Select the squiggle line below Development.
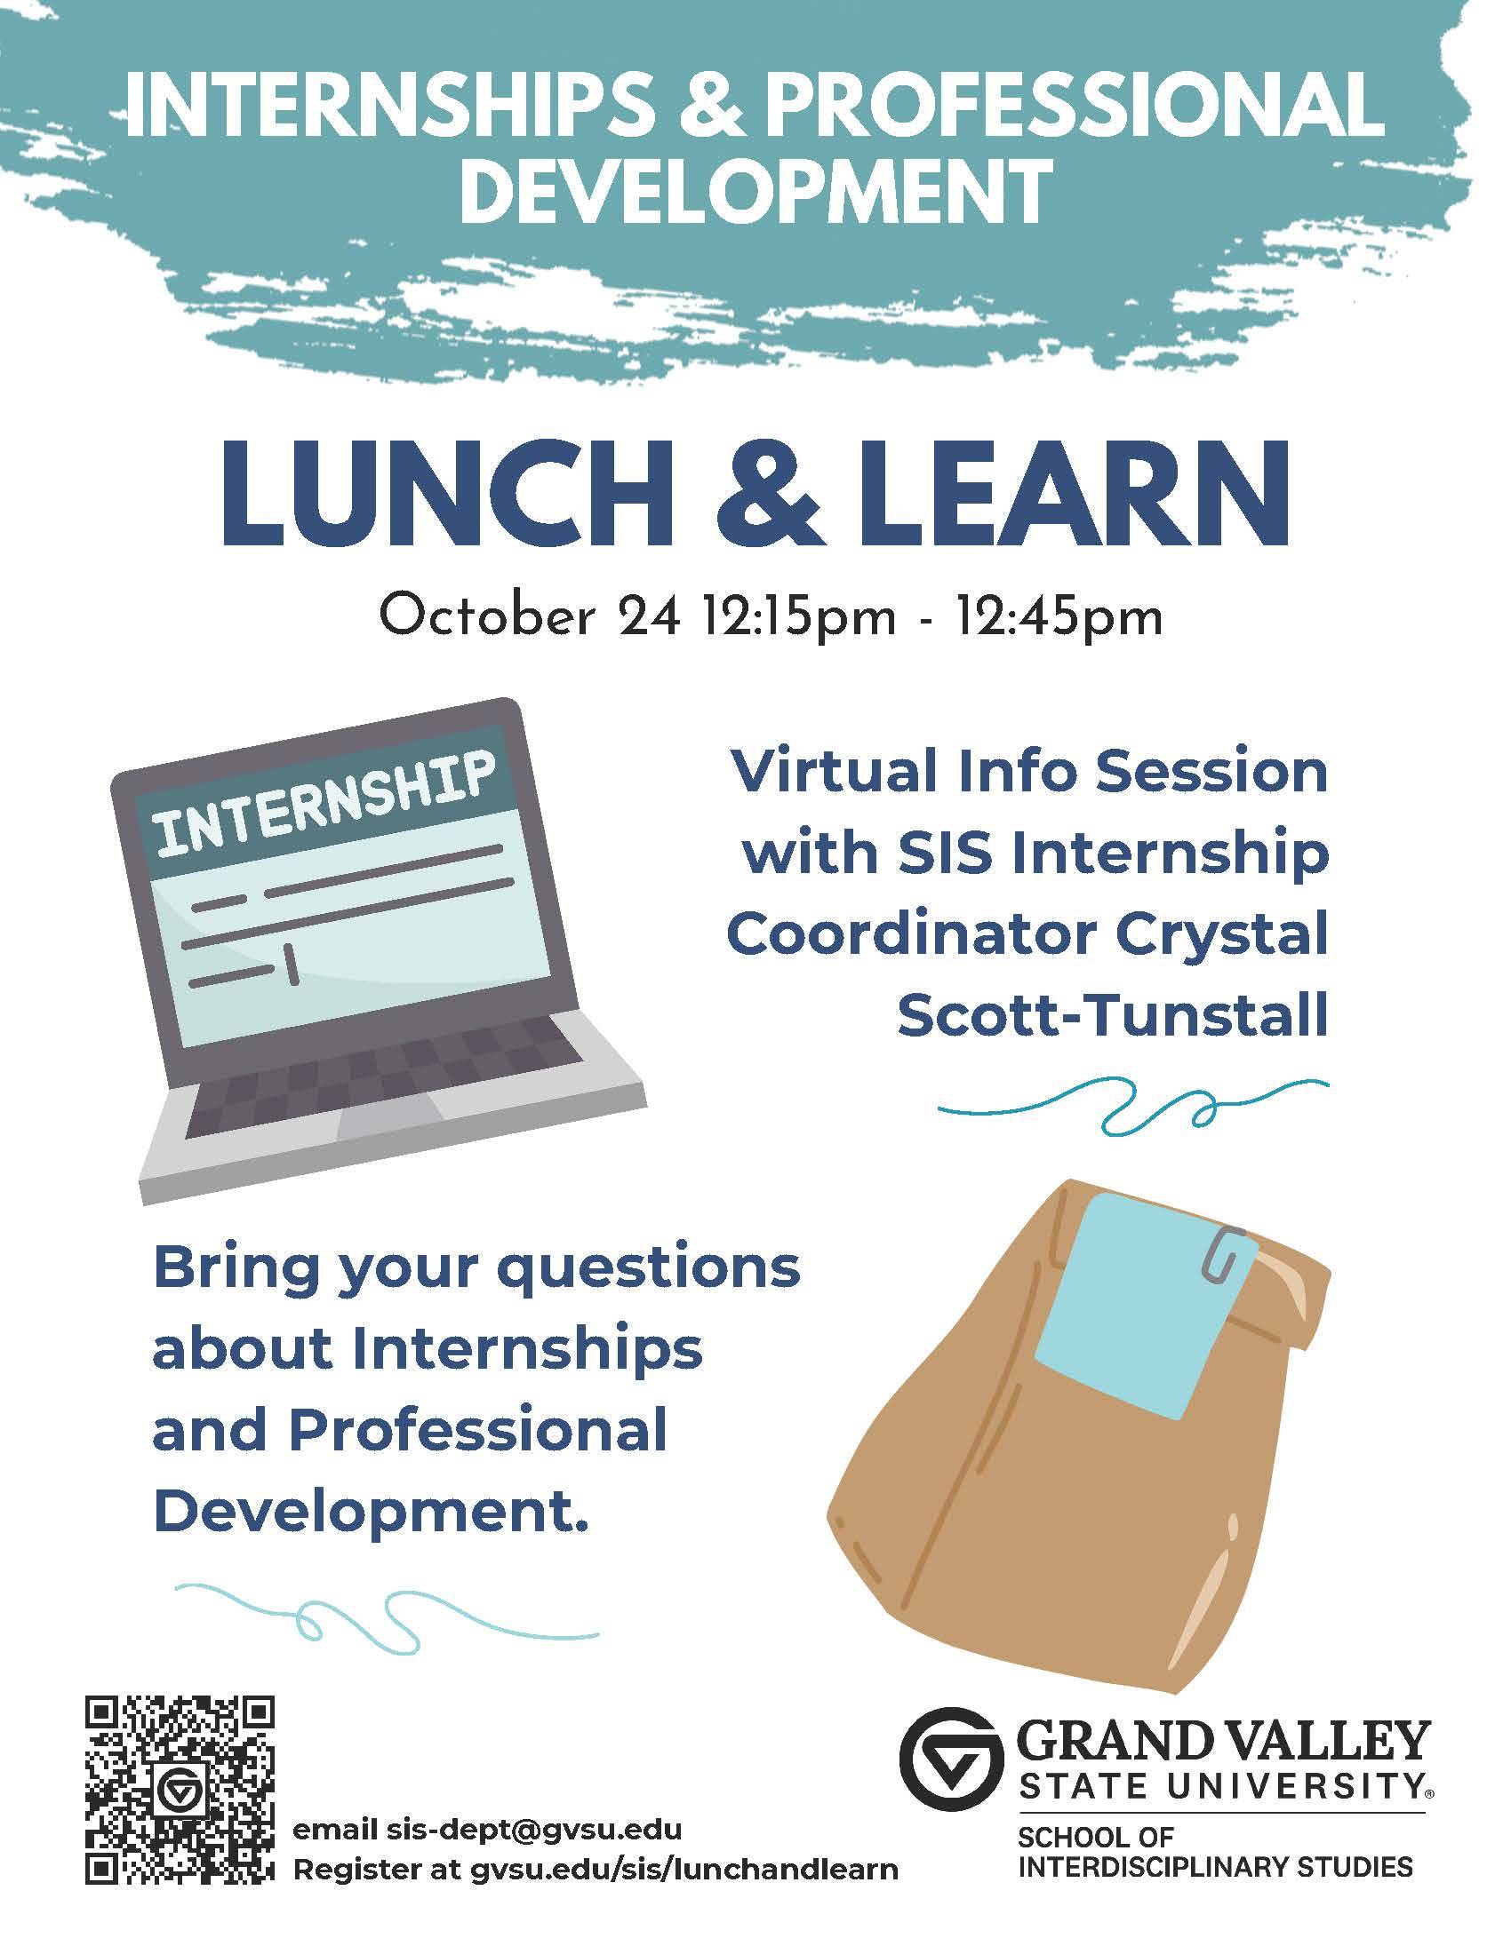tap(385, 1616)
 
